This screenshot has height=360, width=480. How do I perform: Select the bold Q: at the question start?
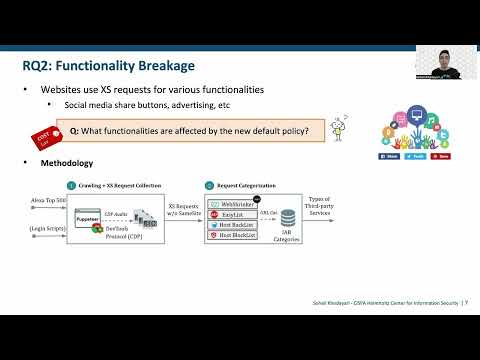(74, 130)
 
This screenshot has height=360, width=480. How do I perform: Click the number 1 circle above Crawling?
(71, 185)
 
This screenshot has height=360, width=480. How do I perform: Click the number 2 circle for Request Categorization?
(210, 185)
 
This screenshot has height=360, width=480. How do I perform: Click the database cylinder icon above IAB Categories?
(288, 218)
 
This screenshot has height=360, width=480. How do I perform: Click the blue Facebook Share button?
(389, 156)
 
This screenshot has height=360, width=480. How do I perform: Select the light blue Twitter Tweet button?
(414, 156)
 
